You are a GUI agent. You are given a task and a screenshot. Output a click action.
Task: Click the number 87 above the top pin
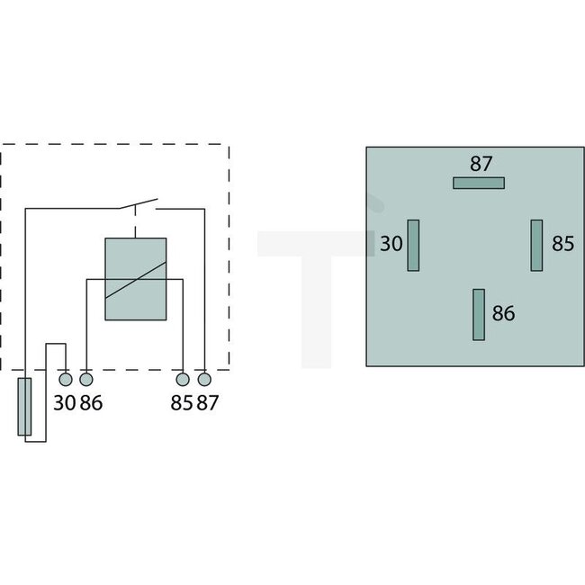[481, 164]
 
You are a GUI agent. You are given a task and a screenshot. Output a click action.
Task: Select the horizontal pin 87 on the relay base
[478, 183]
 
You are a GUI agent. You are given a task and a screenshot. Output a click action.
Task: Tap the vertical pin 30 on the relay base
[414, 245]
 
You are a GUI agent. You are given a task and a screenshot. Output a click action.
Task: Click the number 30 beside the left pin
[390, 244]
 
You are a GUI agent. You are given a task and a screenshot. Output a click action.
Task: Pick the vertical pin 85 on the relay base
[536, 245]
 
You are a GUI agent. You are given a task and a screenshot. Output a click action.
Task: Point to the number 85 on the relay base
[562, 244]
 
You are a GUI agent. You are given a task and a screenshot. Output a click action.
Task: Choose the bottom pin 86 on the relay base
[479, 314]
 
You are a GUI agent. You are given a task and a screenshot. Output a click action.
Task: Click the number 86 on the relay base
[504, 314]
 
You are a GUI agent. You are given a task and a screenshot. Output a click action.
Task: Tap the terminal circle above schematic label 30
[66, 379]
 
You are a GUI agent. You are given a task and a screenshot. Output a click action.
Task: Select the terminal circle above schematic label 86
[86, 379]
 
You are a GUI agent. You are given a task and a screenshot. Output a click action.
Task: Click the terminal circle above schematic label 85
[183, 379]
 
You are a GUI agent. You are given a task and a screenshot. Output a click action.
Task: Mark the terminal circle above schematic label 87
[204, 379]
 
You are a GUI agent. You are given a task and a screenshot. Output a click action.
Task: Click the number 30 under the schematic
[64, 402]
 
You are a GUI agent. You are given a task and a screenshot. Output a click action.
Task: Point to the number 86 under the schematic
[91, 402]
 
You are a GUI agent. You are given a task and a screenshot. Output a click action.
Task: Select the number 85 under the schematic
[181, 402]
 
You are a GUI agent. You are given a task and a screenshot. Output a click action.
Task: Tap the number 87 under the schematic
[207, 402]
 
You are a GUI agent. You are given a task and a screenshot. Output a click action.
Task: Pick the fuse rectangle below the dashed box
[24, 407]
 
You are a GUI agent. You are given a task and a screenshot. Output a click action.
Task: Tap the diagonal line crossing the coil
[136, 280]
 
